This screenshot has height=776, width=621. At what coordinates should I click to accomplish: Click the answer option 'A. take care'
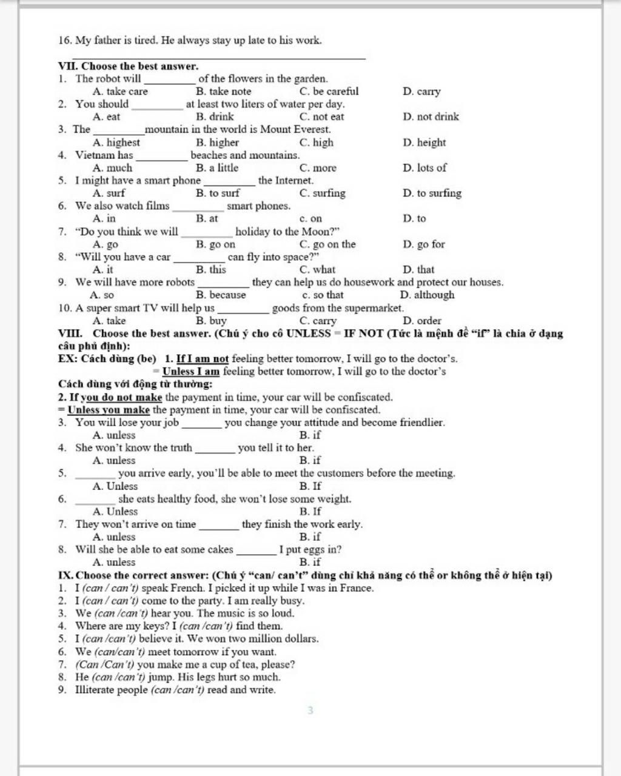point(120,92)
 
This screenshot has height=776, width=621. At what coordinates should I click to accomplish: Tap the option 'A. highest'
point(116,142)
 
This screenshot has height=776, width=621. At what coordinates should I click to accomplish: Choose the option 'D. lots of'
point(424,168)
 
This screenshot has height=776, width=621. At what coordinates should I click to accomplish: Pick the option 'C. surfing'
point(322,193)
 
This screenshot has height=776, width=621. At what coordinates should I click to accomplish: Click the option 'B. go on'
point(215,244)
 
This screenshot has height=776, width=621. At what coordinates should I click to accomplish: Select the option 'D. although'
point(427,295)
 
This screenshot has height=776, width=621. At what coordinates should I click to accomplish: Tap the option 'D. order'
point(422,321)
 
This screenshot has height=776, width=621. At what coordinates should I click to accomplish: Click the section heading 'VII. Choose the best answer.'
point(128,66)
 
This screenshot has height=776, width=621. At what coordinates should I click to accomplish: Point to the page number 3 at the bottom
point(310,710)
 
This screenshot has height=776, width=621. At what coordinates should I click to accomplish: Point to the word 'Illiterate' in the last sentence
point(96,690)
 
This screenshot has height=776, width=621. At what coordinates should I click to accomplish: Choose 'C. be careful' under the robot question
point(329,92)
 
